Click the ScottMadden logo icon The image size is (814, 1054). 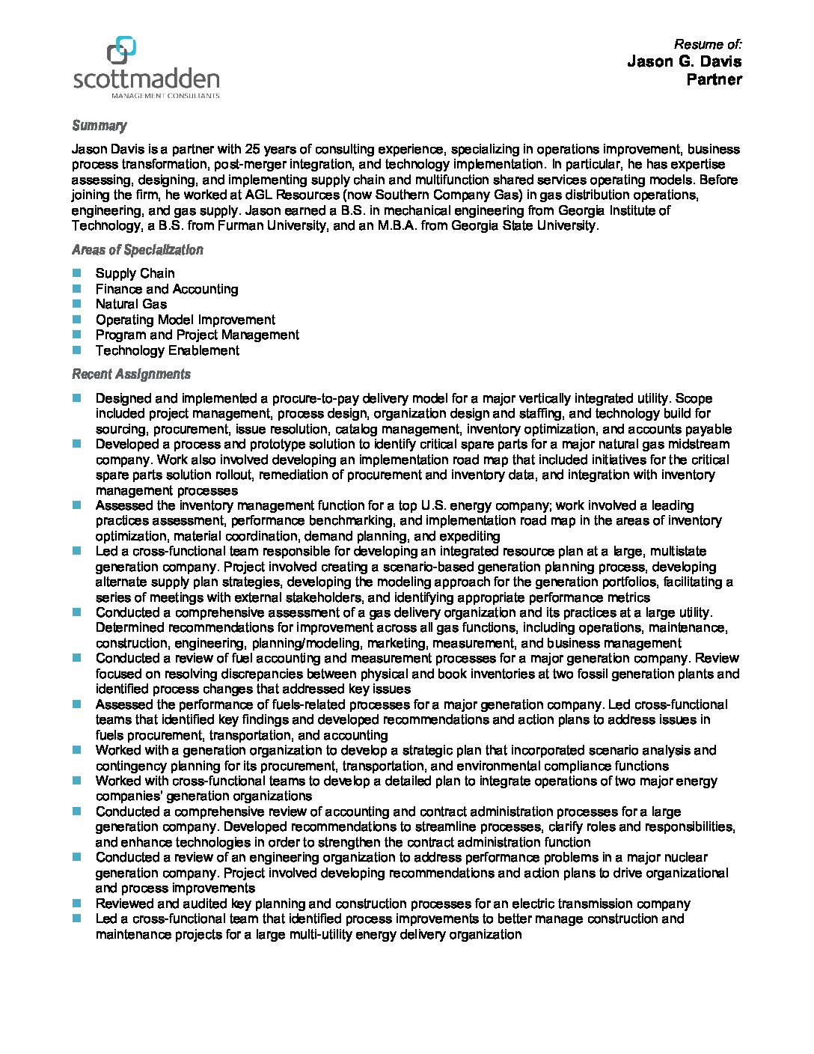(x=121, y=50)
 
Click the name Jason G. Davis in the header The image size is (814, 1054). (x=684, y=61)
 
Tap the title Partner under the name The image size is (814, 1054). (x=714, y=79)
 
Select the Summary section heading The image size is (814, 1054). (x=99, y=126)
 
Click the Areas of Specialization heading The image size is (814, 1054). (x=137, y=250)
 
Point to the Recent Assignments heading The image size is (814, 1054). (x=131, y=374)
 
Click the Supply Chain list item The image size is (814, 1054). (x=135, y=273)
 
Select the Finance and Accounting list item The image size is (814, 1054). (x=166, y=289)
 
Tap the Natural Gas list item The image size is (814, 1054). (x=131, y=304)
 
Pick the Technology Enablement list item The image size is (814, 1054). (x=167, y=350)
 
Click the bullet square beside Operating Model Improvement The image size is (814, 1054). (x=76, y=320)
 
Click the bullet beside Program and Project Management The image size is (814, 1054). (x=76, y=335)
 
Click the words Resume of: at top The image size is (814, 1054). (x=708, y=44)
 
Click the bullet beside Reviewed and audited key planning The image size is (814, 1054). (x=76, y=904)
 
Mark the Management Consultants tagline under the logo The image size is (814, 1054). (x=165, y=96)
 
